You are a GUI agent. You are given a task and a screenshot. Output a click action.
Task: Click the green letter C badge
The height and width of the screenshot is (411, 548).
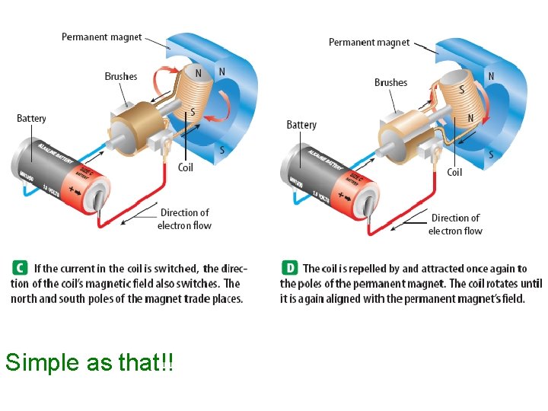tap(19, 268)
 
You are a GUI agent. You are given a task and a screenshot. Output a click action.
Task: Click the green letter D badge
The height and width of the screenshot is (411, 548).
tap(289, 268)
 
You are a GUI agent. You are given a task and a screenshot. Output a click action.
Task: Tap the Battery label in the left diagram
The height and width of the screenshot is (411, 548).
tap(31, 118)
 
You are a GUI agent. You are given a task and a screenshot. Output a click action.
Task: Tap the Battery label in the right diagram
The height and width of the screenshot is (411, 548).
tap(301, 124)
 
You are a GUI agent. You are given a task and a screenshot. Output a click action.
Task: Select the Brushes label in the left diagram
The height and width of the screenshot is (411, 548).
tap(121, 76)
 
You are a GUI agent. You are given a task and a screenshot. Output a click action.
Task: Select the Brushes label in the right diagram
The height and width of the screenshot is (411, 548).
tap(390, 82)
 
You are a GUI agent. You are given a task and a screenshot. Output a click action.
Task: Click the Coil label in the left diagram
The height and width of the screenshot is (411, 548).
tap(186, 167)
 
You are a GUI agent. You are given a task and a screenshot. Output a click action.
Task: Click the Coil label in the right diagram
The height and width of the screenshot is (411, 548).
tap(454, 172)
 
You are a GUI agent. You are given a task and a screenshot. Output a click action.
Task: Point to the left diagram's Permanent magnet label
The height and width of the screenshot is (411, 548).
tap(101, 37)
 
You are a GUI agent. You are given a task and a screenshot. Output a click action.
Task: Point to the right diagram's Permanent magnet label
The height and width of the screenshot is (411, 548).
tap(369, 43)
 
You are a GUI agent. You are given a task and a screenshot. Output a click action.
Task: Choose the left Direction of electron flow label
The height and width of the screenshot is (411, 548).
tap(184, 219)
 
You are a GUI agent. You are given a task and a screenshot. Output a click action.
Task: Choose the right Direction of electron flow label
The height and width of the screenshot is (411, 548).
tap(455, 225)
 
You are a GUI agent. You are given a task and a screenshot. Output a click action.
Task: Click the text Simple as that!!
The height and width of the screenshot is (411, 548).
tap(89, 363)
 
